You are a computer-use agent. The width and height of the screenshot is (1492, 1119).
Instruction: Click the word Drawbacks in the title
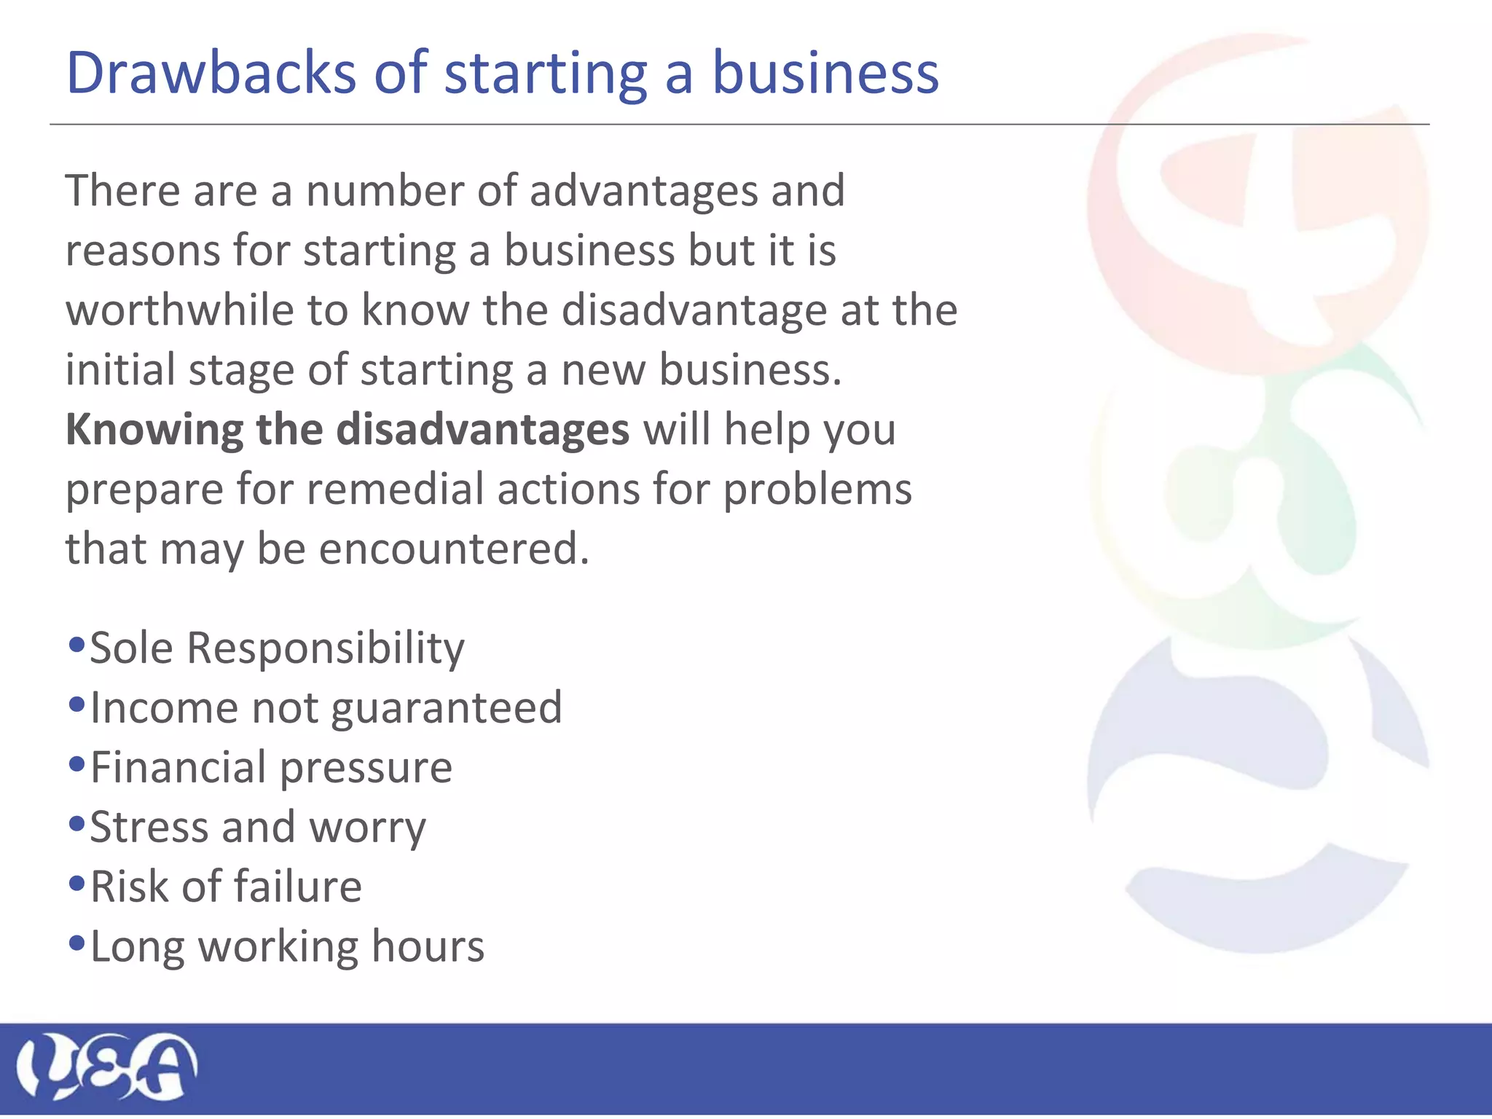click(211, 73)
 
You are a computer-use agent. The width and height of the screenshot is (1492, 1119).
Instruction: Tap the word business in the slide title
click(825, 73)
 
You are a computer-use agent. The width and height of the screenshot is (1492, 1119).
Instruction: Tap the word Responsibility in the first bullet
click(326, 648)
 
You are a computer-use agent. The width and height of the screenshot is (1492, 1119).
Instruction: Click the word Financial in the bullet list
click(178, 767)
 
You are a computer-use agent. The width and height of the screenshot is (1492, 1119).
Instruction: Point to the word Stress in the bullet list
click(149, 828)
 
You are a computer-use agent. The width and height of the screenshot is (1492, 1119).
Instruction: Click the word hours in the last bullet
click(428, 946)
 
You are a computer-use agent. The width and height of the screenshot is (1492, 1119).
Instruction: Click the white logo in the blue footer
click(107, 1067)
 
